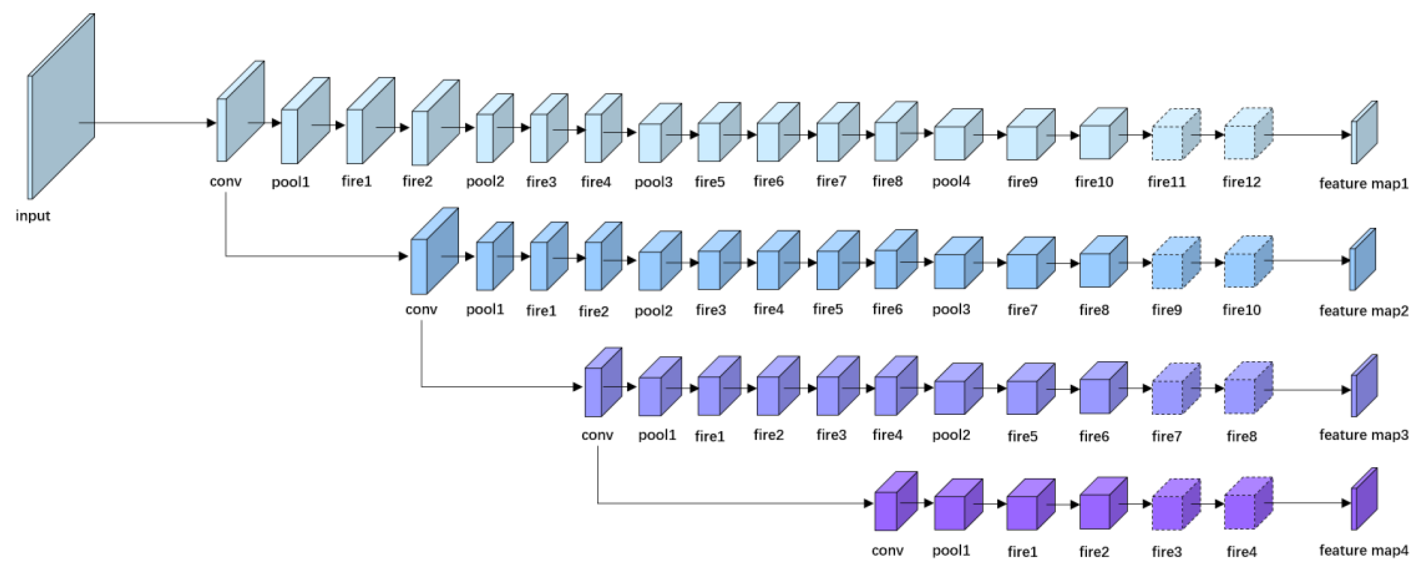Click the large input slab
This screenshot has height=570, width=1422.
[61, 107]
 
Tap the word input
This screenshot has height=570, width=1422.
[32, 216]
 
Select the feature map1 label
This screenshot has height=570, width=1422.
[1363, 183]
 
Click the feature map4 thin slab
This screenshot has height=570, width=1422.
[1363, 499]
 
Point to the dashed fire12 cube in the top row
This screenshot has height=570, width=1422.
[1248, 135]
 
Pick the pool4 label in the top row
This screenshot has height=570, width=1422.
[951, 182]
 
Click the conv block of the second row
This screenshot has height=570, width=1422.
[433, 252]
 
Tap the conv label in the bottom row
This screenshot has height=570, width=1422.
[887, 550]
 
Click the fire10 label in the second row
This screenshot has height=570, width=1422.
[1241, 310]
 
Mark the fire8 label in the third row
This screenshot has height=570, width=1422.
[1241, 436]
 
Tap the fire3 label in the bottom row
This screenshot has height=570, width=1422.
[1166, 551]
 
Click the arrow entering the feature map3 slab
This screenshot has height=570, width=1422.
[1308, 390]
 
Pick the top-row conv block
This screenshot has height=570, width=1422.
[239, 113]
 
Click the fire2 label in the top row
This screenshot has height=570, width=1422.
[417, 182]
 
